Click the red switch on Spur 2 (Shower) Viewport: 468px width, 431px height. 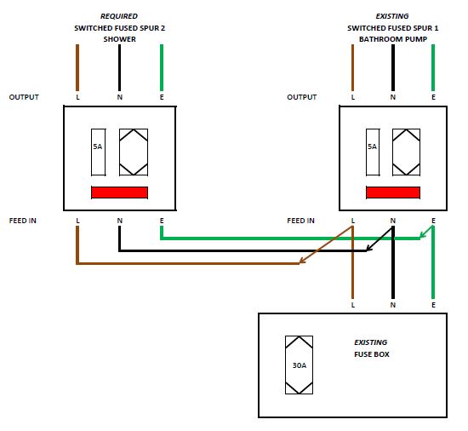coord(119,193)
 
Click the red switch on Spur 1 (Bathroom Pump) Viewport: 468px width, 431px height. coord(393,193)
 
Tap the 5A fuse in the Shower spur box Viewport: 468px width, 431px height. coord(98,152)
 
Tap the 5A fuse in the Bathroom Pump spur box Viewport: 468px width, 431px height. coord(373,152)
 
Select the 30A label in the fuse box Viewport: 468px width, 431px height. coord(299,365)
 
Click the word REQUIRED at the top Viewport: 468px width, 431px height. coord(119,16)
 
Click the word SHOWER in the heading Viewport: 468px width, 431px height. coord(119,39)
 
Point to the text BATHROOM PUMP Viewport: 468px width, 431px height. coord(393,39)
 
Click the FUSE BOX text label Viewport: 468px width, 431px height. coord(372,354)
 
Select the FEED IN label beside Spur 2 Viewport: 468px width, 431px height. coord(23,221)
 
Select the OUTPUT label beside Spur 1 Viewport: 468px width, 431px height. coord(302,97)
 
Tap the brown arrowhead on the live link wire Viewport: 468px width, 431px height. coord(302,261)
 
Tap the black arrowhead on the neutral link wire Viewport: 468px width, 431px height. coord(369,248)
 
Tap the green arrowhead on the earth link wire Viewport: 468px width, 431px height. coord(423,235)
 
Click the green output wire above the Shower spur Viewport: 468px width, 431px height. coord(162,67)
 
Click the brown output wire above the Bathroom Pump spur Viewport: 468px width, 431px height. coord(353,67)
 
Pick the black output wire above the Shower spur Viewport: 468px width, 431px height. coord(120,67)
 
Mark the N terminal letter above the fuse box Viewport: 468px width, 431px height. coord(393,305)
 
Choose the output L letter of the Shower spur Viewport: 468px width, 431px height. coord(78,97)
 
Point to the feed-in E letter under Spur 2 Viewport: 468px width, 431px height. coord(162,221)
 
